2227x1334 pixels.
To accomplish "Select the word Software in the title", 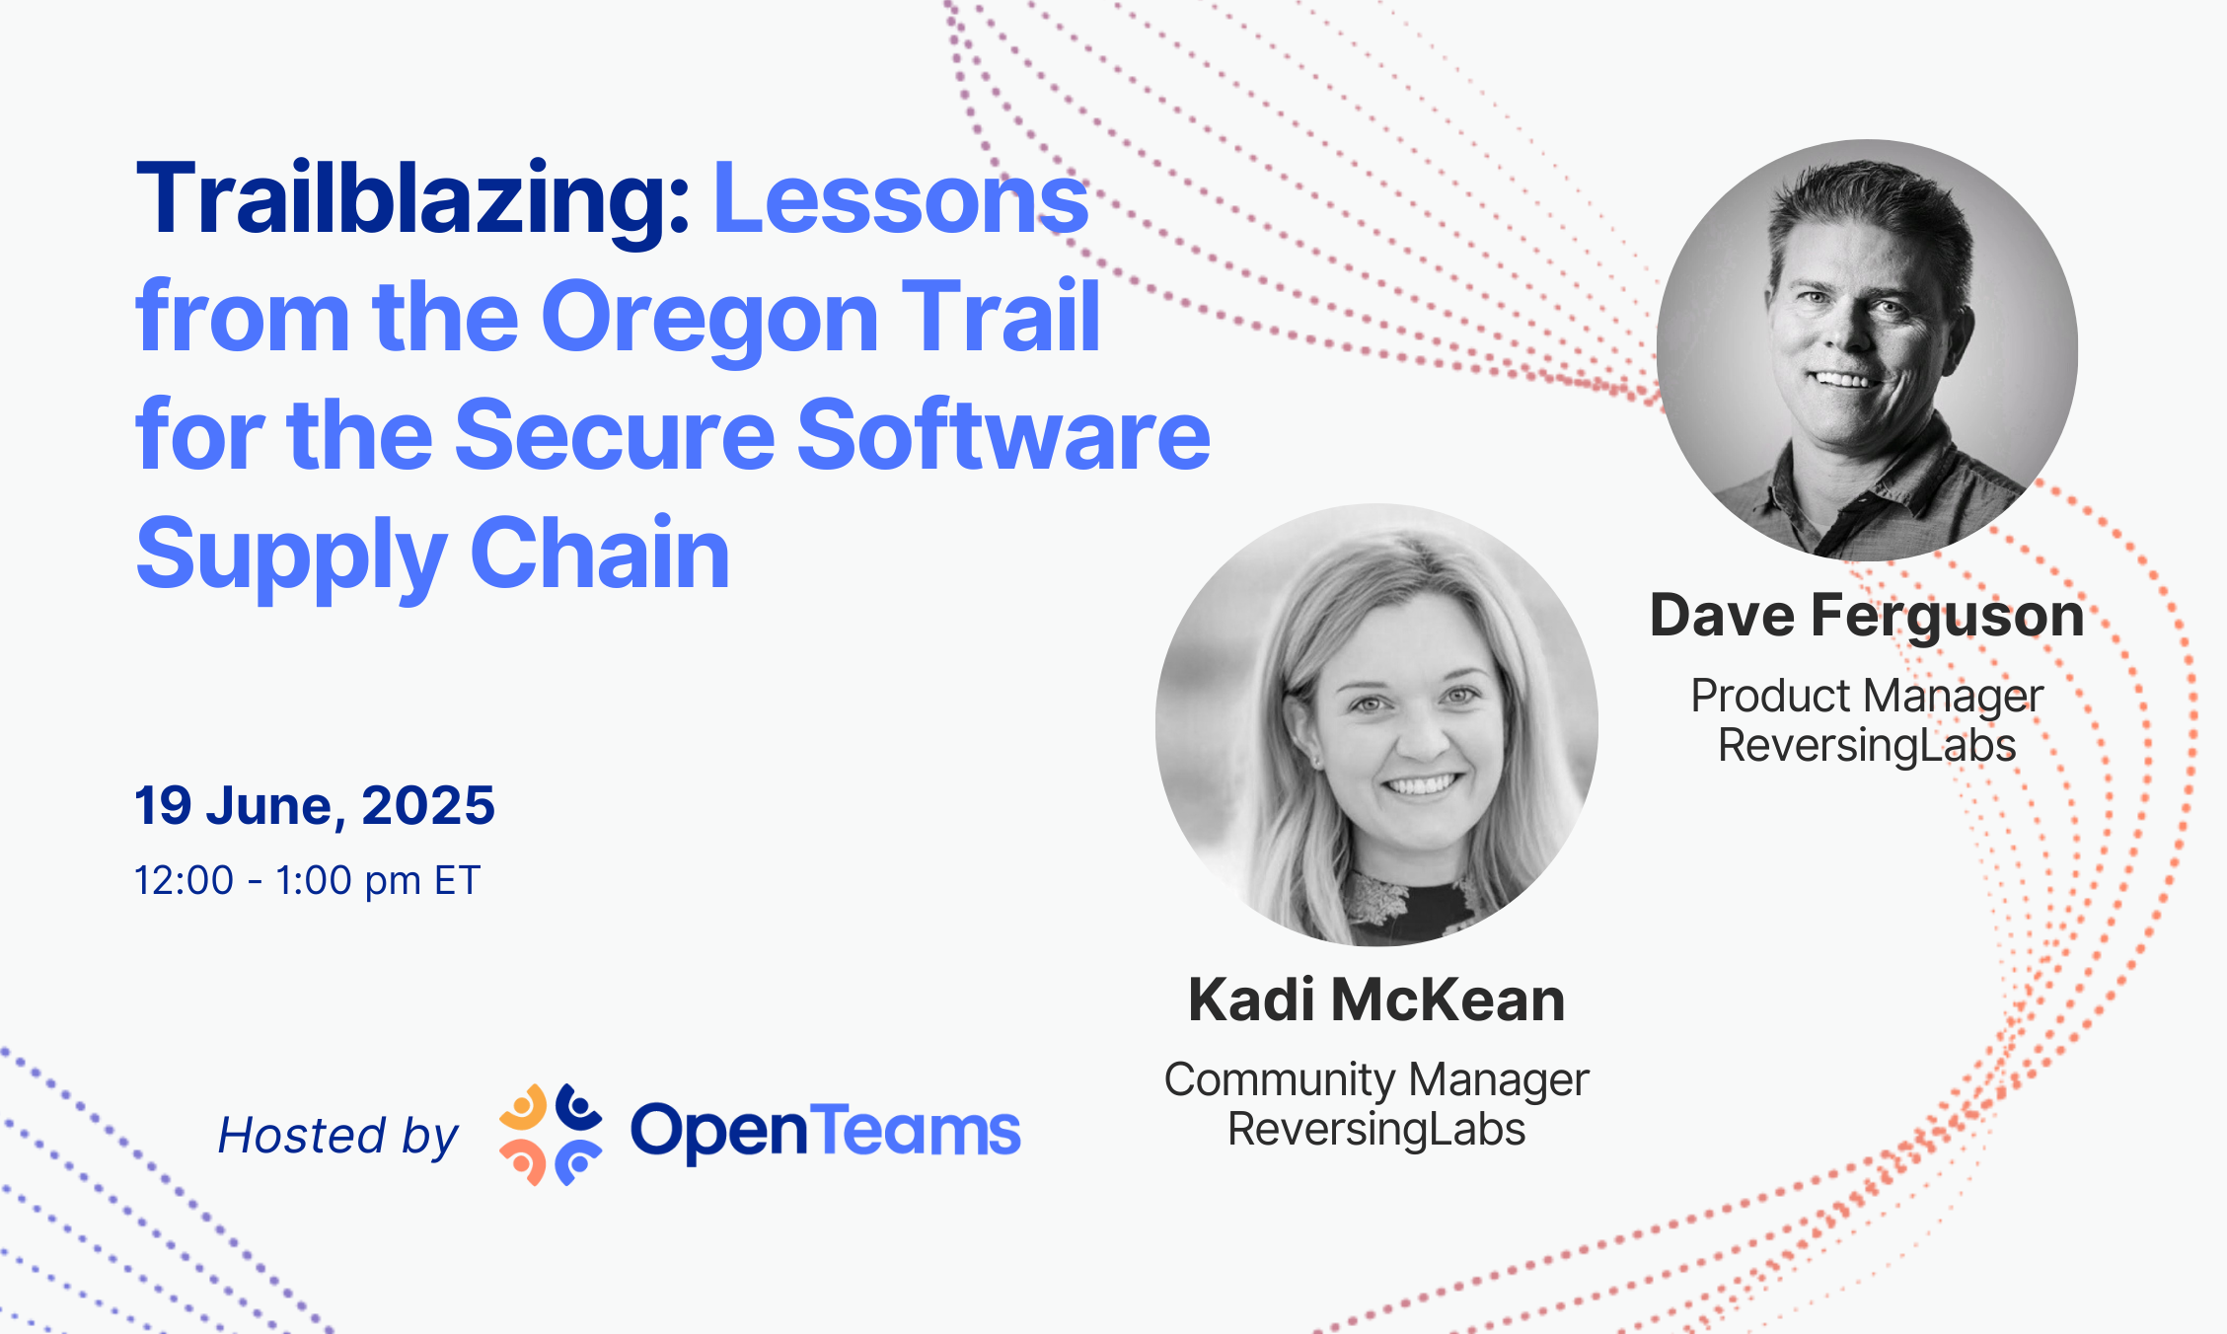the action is click(x=1003, y=434).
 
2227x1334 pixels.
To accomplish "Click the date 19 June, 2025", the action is click(x=315, y=805).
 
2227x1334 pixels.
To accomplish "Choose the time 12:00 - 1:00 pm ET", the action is click(x=307, y=880).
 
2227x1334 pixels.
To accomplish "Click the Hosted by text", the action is click(x=338, y=1135).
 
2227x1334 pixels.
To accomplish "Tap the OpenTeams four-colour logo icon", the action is click(x=551, y=1135).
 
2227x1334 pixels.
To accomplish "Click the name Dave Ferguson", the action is click(x=1867, y=616).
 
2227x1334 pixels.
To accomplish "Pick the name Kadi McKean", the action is click(x=1376, y=1000).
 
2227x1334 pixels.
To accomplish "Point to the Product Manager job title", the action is click(x=1867, y=696).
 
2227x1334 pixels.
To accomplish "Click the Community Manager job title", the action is click(x=1376, y=1079).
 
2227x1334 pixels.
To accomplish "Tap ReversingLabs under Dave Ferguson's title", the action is click(x=1867, y=745).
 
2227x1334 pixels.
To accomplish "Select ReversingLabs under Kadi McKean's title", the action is click(x=1376, y=1129).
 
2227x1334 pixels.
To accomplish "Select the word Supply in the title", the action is click(x=291, y=555).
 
